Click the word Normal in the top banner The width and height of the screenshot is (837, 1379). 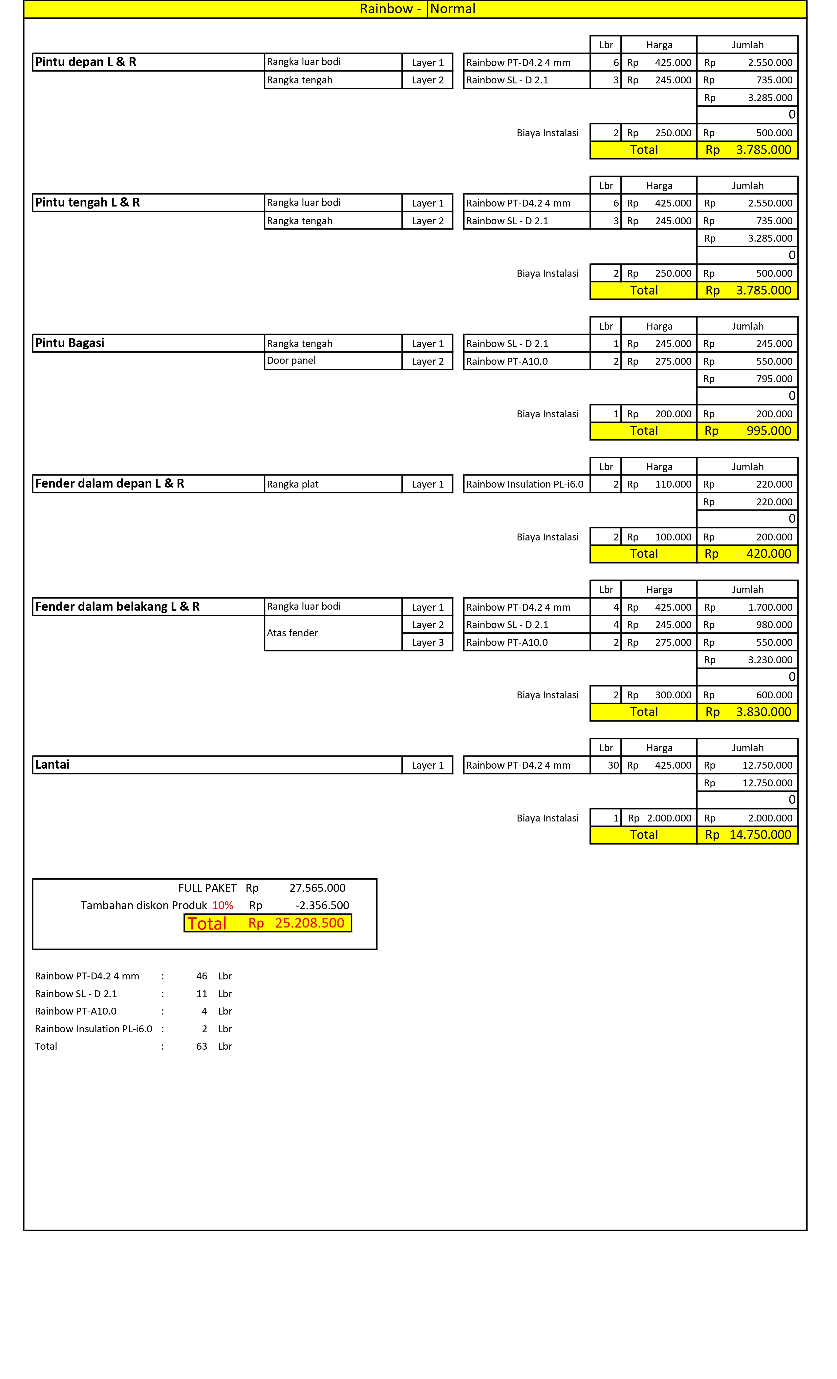[x=453, y=9]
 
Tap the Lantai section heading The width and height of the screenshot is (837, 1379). [x=53, y=764]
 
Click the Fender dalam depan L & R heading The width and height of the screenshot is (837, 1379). [x=110, y=484]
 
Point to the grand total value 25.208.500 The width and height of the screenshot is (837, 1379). [x=310, y=923]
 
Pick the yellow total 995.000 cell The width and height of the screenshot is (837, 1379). [x=769, y=431]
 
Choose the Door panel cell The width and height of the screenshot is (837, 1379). [x=291, y=361]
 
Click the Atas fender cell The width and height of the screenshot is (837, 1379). [x=292, y=633]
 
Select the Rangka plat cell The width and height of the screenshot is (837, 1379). [x=292, y=484]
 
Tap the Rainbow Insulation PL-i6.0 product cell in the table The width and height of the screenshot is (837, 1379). [x=525, y=484]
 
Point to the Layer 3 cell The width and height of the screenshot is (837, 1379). [x=427, y=643]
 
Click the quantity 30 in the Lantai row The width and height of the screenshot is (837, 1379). [x=613, y=765]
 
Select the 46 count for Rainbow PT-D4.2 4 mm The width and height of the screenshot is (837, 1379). [x=202, y=976]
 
